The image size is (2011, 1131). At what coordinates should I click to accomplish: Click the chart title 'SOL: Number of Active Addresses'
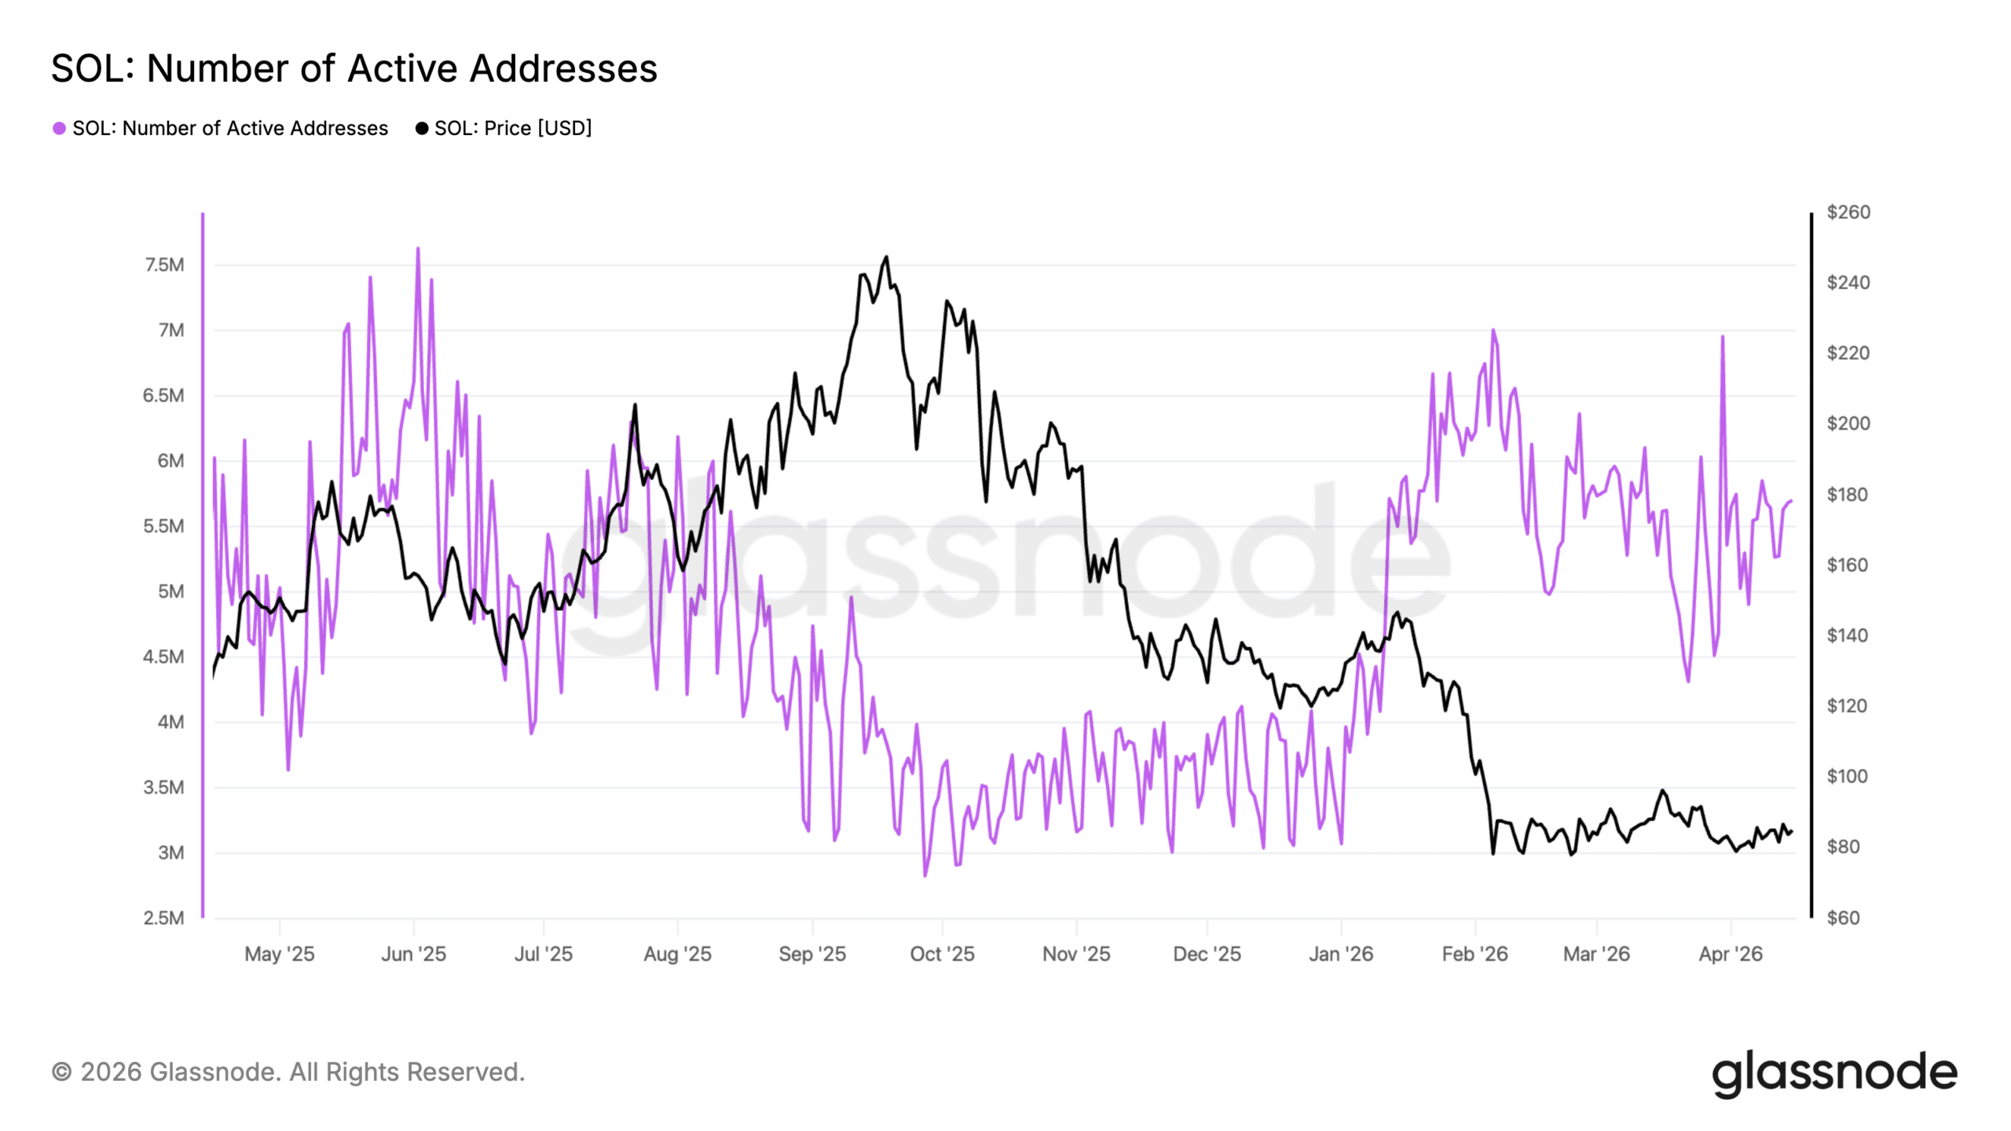[x=353, y=68]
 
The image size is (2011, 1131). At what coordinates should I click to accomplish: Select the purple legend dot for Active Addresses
[x=59, y=128]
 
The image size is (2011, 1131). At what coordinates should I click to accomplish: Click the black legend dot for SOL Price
[x=422, y=128]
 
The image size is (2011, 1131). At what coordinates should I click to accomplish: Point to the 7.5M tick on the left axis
[x=164, y=265]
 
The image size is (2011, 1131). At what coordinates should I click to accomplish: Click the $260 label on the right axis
[x=1848, y=212]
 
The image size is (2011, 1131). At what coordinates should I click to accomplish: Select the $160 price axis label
[x=1847, y=565]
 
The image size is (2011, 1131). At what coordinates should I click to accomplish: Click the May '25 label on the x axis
[x=279, y=953]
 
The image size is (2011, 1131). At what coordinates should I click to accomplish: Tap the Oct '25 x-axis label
[x=942, y=953]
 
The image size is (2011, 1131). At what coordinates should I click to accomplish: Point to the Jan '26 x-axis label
[x=1340, y=953]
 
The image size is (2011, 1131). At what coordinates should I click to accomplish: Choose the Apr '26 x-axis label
[x=1731, y=953]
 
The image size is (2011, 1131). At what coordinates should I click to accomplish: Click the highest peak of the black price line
[x=886, y=257]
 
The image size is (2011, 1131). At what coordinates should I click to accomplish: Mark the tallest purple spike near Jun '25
[x=418, y=249]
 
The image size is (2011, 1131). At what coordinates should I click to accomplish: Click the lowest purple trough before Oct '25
[x=925, y=875]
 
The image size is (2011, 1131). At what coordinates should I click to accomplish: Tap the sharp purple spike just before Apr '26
[x=1722, y=337]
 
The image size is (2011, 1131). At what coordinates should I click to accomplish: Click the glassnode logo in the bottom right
[x=1834, y=1073]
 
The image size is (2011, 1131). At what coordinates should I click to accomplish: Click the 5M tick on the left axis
[x=170, y=591]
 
